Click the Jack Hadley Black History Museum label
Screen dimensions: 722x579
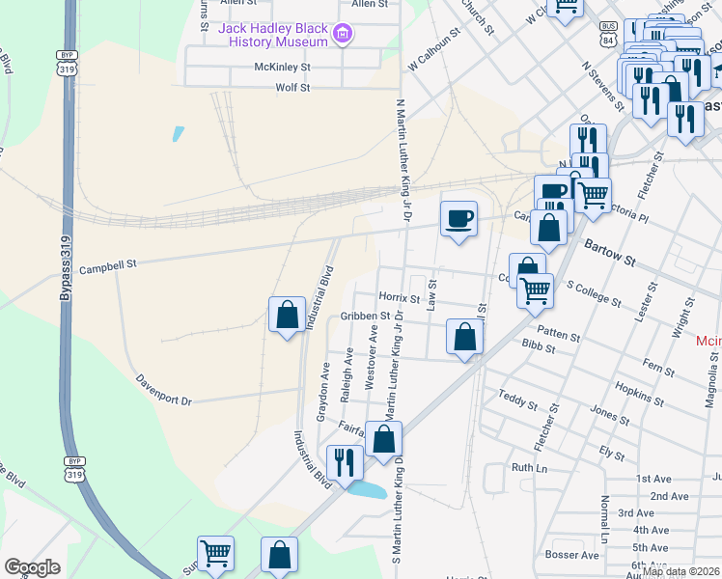274,35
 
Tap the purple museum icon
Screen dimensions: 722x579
341,36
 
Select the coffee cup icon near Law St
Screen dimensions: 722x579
458,217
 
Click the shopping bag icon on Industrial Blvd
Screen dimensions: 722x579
287,314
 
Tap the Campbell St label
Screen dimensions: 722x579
109,262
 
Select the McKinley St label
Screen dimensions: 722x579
282,68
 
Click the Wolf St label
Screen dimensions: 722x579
292,88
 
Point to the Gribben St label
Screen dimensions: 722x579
364,316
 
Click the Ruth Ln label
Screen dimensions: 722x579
529,467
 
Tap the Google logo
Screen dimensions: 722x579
32,567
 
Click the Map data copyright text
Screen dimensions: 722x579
681,571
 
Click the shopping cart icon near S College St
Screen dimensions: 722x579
535,289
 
